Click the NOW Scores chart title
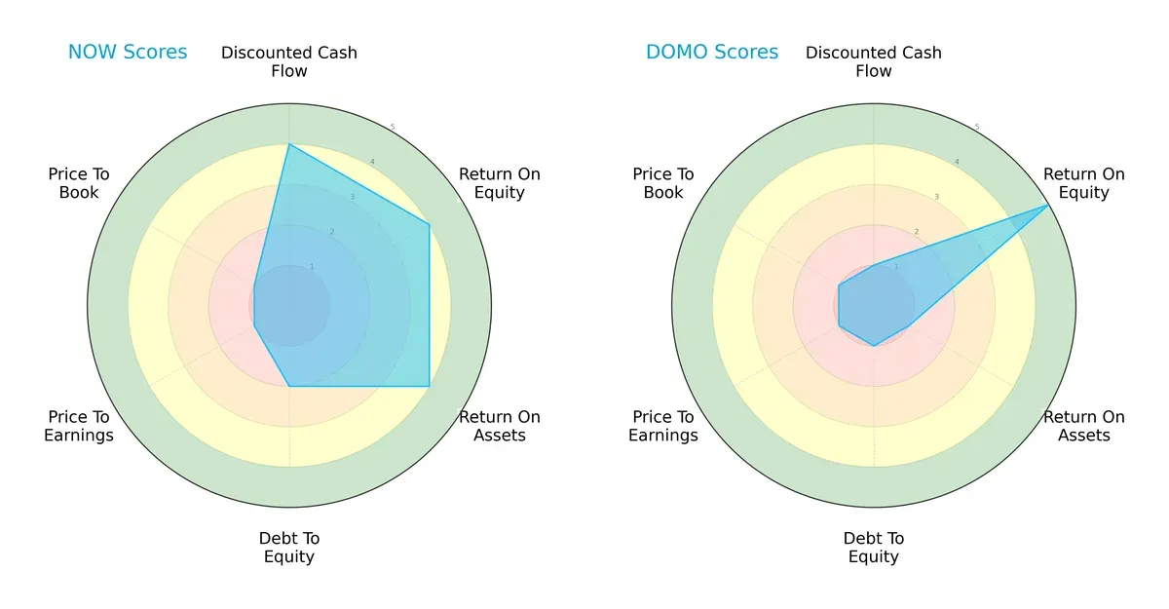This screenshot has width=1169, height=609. (128, 53)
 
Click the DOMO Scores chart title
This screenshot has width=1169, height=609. (712, 53)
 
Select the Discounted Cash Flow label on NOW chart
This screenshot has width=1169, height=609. (289, 61)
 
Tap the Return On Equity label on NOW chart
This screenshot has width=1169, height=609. (500, 183)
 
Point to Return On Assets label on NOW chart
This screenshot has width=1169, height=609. (500, 426)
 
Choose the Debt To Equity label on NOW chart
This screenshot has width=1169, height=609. (289, 548)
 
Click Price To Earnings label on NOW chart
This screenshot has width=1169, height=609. (79, 426)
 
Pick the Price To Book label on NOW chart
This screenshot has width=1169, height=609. (79, 183)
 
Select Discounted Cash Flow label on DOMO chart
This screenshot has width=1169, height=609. (874, 61)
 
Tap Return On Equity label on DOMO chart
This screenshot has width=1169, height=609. (1084, 183)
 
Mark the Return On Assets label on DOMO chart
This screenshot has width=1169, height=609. (1084, 426)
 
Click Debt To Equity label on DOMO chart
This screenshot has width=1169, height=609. (874, 548)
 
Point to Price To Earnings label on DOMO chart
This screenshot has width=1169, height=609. (663, 426)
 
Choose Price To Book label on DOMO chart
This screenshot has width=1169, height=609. (663, 183)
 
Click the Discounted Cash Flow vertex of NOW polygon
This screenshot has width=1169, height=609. (289, 145)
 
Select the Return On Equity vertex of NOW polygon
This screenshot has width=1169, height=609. (430, 225)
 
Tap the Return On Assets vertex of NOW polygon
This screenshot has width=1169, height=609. (430, 387)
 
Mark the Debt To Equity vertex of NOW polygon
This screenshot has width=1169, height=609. (289, 387)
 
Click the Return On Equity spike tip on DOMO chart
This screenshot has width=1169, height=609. (1049, 205)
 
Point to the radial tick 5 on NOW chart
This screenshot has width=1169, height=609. (393, 128)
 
